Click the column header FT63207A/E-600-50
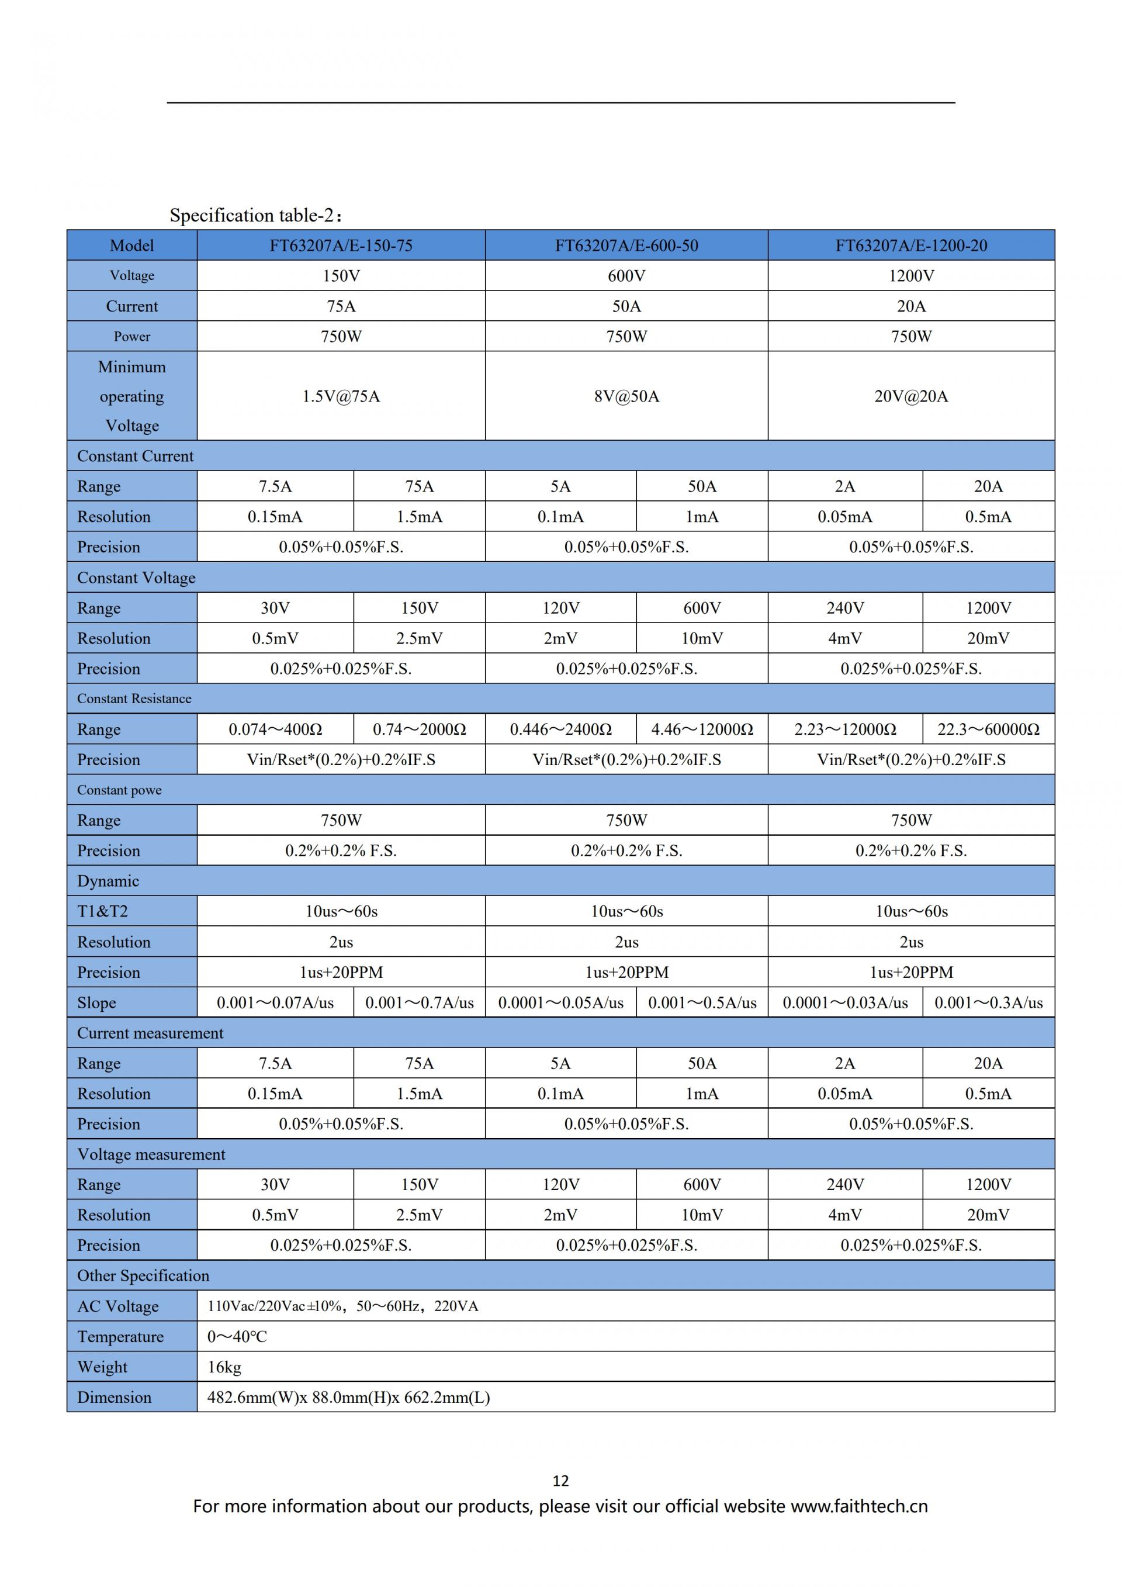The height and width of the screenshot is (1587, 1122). click(626, 246)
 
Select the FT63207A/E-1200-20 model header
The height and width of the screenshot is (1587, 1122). click(910, 246)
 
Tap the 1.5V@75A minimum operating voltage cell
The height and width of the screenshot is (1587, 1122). click(341, 396)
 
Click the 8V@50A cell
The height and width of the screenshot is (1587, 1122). click(626, 396)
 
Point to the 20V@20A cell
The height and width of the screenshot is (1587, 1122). click(910, 396)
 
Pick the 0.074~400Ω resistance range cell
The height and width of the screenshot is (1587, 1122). click(275, 729)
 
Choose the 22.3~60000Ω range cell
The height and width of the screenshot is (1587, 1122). click(988, 729)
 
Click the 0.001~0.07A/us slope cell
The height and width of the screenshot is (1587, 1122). click(275, 1002)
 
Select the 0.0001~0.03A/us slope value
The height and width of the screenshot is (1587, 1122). click(844, 1002)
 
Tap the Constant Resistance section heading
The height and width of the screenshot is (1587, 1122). click(134, 699)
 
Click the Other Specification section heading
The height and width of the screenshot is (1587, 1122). click(143, 1275)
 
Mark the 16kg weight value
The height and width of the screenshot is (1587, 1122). click(224, 1367)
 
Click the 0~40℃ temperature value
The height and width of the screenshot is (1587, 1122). click(237, 1336)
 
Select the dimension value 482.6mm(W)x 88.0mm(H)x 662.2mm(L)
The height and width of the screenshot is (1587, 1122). click(348, 1397)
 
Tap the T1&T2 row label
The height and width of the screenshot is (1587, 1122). click(102, 911)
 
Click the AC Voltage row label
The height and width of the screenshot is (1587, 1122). click(117, 1306)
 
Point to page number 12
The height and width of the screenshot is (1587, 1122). click(560, 1481)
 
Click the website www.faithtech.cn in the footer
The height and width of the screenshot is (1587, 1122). click(859, 1506)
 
